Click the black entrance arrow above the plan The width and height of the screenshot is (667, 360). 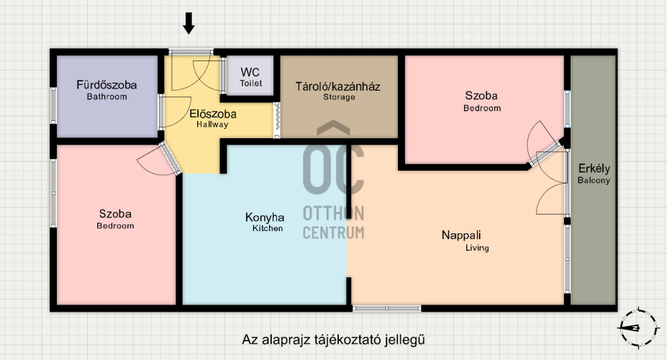click(189, 23)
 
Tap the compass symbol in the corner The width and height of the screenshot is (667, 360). click(638, 328)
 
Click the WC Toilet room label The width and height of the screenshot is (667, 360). click(250, 77)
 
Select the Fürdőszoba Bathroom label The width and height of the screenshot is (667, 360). click(106, 90)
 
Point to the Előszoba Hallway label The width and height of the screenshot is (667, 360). click(213, 119)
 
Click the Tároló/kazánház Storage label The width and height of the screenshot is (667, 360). click(338, 91)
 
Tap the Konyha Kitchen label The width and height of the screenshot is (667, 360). click(265, 222)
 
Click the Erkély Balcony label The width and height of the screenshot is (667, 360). click(594, 174)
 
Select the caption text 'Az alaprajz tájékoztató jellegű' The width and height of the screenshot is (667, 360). click(334, 340)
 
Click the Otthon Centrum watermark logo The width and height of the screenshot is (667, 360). click(334, 180)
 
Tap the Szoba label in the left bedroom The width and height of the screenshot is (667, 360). click(115, 219)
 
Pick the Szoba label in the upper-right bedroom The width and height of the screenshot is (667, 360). click(482, 102)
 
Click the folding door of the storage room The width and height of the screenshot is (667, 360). click(276, 120)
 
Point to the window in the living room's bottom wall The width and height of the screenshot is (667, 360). click(387, 308)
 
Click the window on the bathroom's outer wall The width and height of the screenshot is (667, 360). click(53, 106)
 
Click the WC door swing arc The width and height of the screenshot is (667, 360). click(209, 76)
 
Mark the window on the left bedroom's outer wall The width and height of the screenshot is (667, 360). click(53, 193)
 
